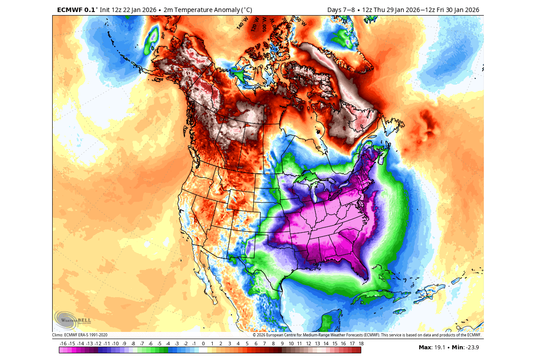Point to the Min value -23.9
473,348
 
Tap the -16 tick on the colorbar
62,344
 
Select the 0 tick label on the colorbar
203,344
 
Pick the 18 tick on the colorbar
360,344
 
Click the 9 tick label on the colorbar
282,344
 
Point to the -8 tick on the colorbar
133,344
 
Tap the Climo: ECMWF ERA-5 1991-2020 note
80,335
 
